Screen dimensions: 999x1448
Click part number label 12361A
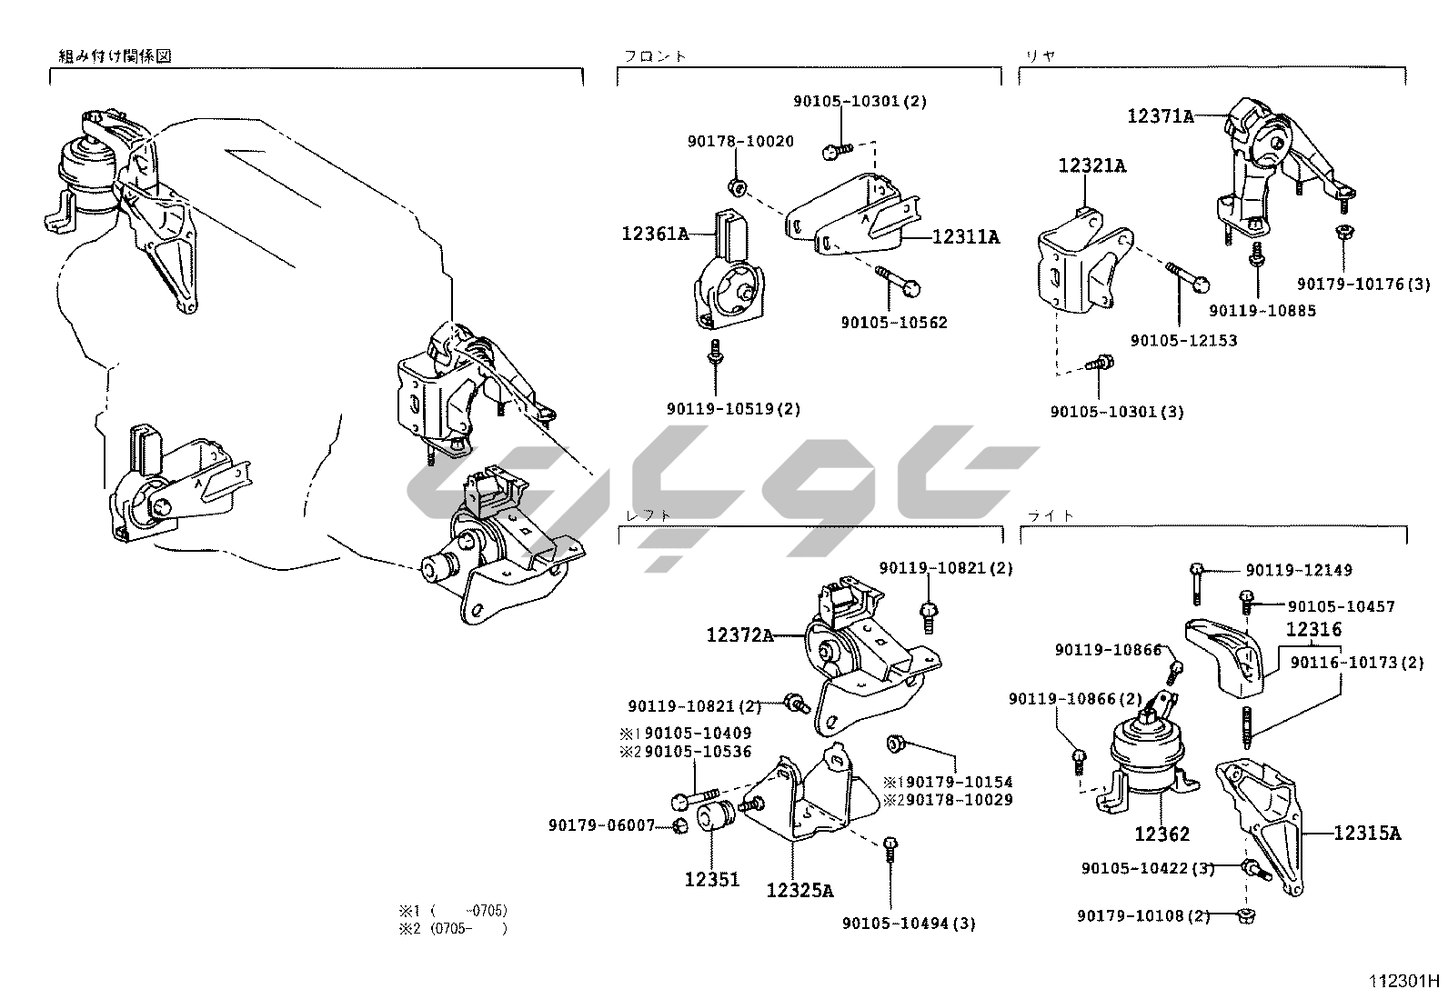pos(654,234)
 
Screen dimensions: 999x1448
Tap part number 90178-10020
pos(739,141)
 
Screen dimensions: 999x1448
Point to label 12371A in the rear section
pos(1160,116)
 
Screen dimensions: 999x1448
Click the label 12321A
pos(1091,165)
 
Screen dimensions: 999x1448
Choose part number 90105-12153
pos(1183,340)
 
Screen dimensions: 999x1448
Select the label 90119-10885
pos(1262,310)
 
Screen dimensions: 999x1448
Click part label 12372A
pos(739,634)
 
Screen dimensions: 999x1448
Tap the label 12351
pos(711,879)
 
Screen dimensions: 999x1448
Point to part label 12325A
pos(799,890)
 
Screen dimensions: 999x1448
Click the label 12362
pos(1161,833)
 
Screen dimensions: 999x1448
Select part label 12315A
pos(1367,832)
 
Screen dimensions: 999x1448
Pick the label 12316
pos(1312,628)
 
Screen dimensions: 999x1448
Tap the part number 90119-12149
pos(1299,570)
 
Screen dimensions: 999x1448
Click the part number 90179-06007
pos(601,824)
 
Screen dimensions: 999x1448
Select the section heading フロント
pos(655,56)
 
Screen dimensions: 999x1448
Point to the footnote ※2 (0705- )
pos(452,928)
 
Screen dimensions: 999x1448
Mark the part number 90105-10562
pos(893,322)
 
